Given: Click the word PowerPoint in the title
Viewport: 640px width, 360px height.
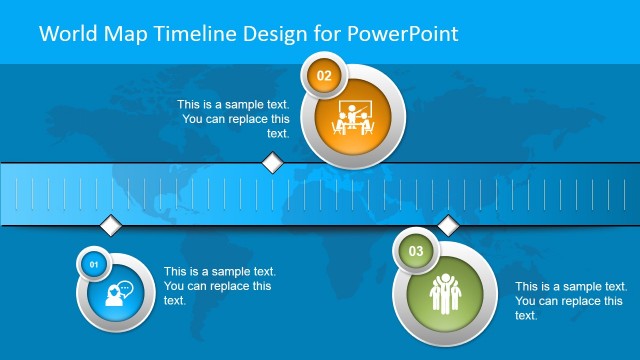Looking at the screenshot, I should pos(404,33).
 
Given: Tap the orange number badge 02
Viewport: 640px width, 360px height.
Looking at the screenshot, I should pos(323,75).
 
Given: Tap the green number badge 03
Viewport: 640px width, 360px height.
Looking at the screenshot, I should pos(415,250).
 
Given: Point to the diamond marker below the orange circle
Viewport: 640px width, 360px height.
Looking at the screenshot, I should pos(272,162).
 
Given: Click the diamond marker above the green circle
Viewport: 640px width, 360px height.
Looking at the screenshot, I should pos(447,225).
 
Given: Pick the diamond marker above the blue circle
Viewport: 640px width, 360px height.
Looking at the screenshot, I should pos(110,225).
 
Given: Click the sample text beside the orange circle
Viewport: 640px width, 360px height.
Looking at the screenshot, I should pos(235,119).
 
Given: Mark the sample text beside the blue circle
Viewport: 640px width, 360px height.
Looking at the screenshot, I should pos(220,286).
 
